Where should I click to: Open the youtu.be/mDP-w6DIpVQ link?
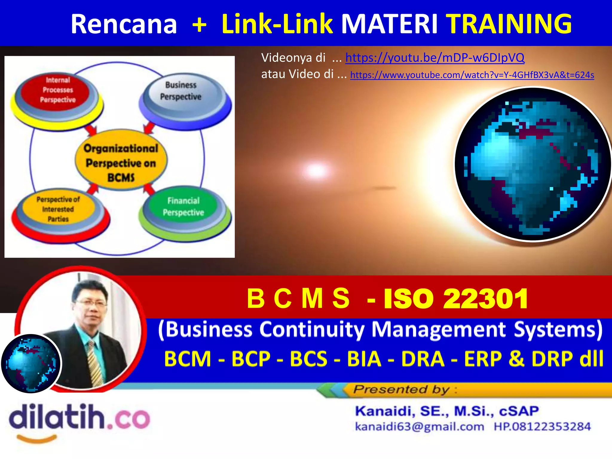(x=435, y=57)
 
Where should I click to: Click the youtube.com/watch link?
(x=472, y=75)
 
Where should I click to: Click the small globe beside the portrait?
(x=31, y=363)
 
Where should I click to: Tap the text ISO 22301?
(x=455, y=299)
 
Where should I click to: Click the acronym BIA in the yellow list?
(x=364, y=359)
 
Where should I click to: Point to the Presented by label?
(x=402, y=389)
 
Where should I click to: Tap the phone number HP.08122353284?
(x=542, y=426)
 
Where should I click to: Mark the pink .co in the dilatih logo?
(x=128, y=418)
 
